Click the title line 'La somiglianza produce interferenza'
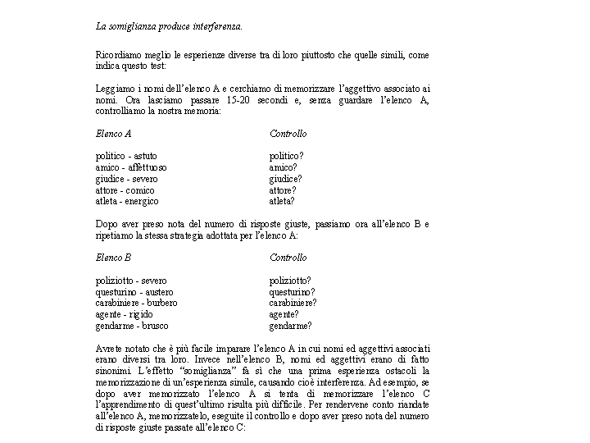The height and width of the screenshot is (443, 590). point(169,25)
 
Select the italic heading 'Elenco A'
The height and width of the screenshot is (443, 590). point(113,133)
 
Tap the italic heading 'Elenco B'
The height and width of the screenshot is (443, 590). point(113,258)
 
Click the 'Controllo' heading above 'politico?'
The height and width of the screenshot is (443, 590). point(288,133)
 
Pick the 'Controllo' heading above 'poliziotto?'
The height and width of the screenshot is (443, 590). point(288,258)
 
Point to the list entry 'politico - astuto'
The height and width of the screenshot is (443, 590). point(126,156)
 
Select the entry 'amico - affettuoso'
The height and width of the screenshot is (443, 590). point(131,167)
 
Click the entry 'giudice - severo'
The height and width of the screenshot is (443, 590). point(126,179)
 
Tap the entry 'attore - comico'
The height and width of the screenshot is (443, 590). point(125,190)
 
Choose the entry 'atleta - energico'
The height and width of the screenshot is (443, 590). point(127,201)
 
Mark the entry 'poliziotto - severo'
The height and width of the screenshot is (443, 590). point(131,281)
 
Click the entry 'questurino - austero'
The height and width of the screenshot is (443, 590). point(134,292)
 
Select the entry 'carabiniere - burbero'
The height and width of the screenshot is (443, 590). point(136,303)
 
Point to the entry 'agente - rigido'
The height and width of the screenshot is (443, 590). point(124,314)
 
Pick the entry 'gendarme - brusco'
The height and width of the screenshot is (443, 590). point(132,326)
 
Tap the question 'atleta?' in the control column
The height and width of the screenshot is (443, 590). point(282,201)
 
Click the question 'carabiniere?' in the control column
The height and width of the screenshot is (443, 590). point(293,303)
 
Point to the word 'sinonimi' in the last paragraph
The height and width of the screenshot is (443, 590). point(112,372)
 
